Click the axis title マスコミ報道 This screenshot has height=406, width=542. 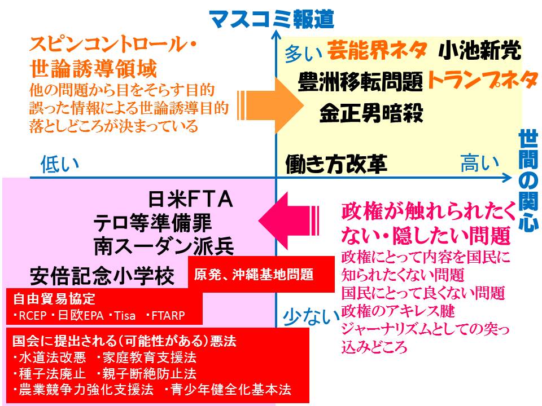[x=272, y=19]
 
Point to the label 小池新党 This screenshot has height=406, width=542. [x=479, y=52]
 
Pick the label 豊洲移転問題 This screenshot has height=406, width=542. [x=360, y=83]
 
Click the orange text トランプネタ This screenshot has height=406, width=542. [x=482, y=80]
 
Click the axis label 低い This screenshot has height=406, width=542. [x=59, y=165]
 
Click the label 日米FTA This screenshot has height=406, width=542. [x=190, y=200]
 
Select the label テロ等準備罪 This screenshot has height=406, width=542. [x=152, y=223]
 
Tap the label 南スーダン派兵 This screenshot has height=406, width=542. [x=164, y=247]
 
